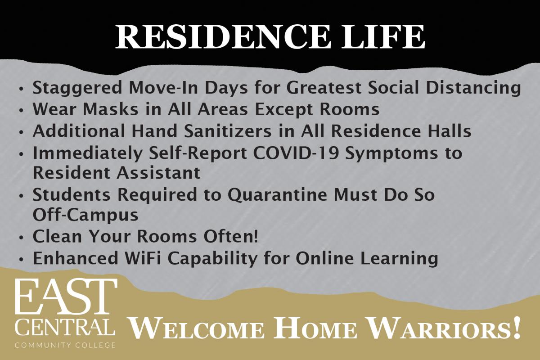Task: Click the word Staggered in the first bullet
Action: (77, 89)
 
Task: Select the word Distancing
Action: (473, 89)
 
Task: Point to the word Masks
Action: (110, 109)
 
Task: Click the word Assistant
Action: (158, 172)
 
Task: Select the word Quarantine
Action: (278, 195)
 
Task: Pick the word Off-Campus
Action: (85, 215)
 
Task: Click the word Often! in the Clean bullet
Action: (231, 236)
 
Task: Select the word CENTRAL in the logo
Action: (65, 327)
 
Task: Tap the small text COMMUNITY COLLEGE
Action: (65, 345)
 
